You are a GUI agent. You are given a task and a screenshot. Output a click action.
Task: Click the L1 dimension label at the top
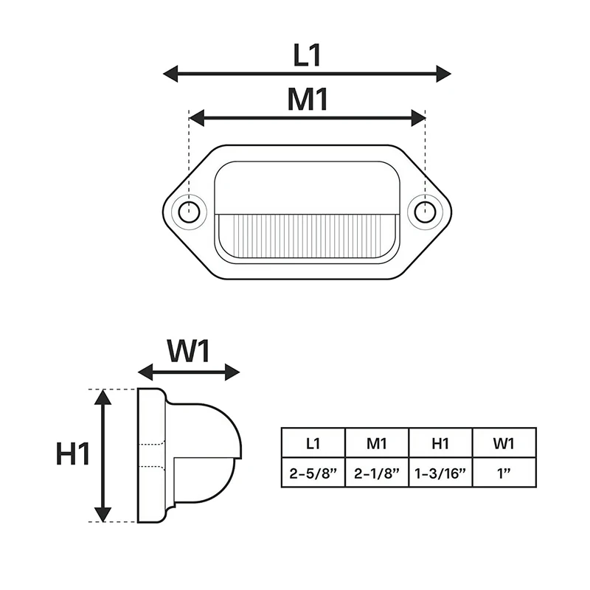tap(307, 56)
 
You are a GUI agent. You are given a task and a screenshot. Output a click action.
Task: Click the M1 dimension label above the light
tap(307, 100)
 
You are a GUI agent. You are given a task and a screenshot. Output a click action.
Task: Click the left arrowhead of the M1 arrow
tap(198, 117)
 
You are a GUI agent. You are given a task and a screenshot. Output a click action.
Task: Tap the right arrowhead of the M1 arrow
tap(417, 117)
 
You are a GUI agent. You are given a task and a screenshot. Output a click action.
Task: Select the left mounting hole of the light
tap(189, 212)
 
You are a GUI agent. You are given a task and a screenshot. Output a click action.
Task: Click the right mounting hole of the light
tap(424, 212)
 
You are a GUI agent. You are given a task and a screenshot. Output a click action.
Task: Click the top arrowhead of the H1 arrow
tap(103, 398)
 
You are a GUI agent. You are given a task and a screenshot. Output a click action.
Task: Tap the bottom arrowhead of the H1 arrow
tap(103, 513)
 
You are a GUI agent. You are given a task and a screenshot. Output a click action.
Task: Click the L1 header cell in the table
tap(313, 443)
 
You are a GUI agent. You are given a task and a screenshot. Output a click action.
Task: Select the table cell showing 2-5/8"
tap(313, 473)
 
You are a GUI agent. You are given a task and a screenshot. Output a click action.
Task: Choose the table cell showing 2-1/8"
tap(377, 473)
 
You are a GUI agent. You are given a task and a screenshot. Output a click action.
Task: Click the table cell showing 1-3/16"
tap(440, 473)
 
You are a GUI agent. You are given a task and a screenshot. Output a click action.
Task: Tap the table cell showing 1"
tap(504, 473)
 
